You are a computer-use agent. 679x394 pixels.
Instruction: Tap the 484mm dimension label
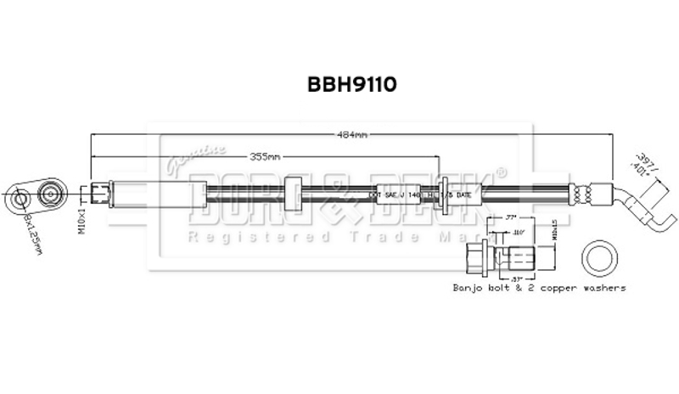click(352, 134)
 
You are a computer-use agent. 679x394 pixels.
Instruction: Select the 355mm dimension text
click(266, 157)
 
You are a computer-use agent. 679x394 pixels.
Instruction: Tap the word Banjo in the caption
click(468, 289)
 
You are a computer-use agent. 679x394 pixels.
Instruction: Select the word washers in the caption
click(602, 289)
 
